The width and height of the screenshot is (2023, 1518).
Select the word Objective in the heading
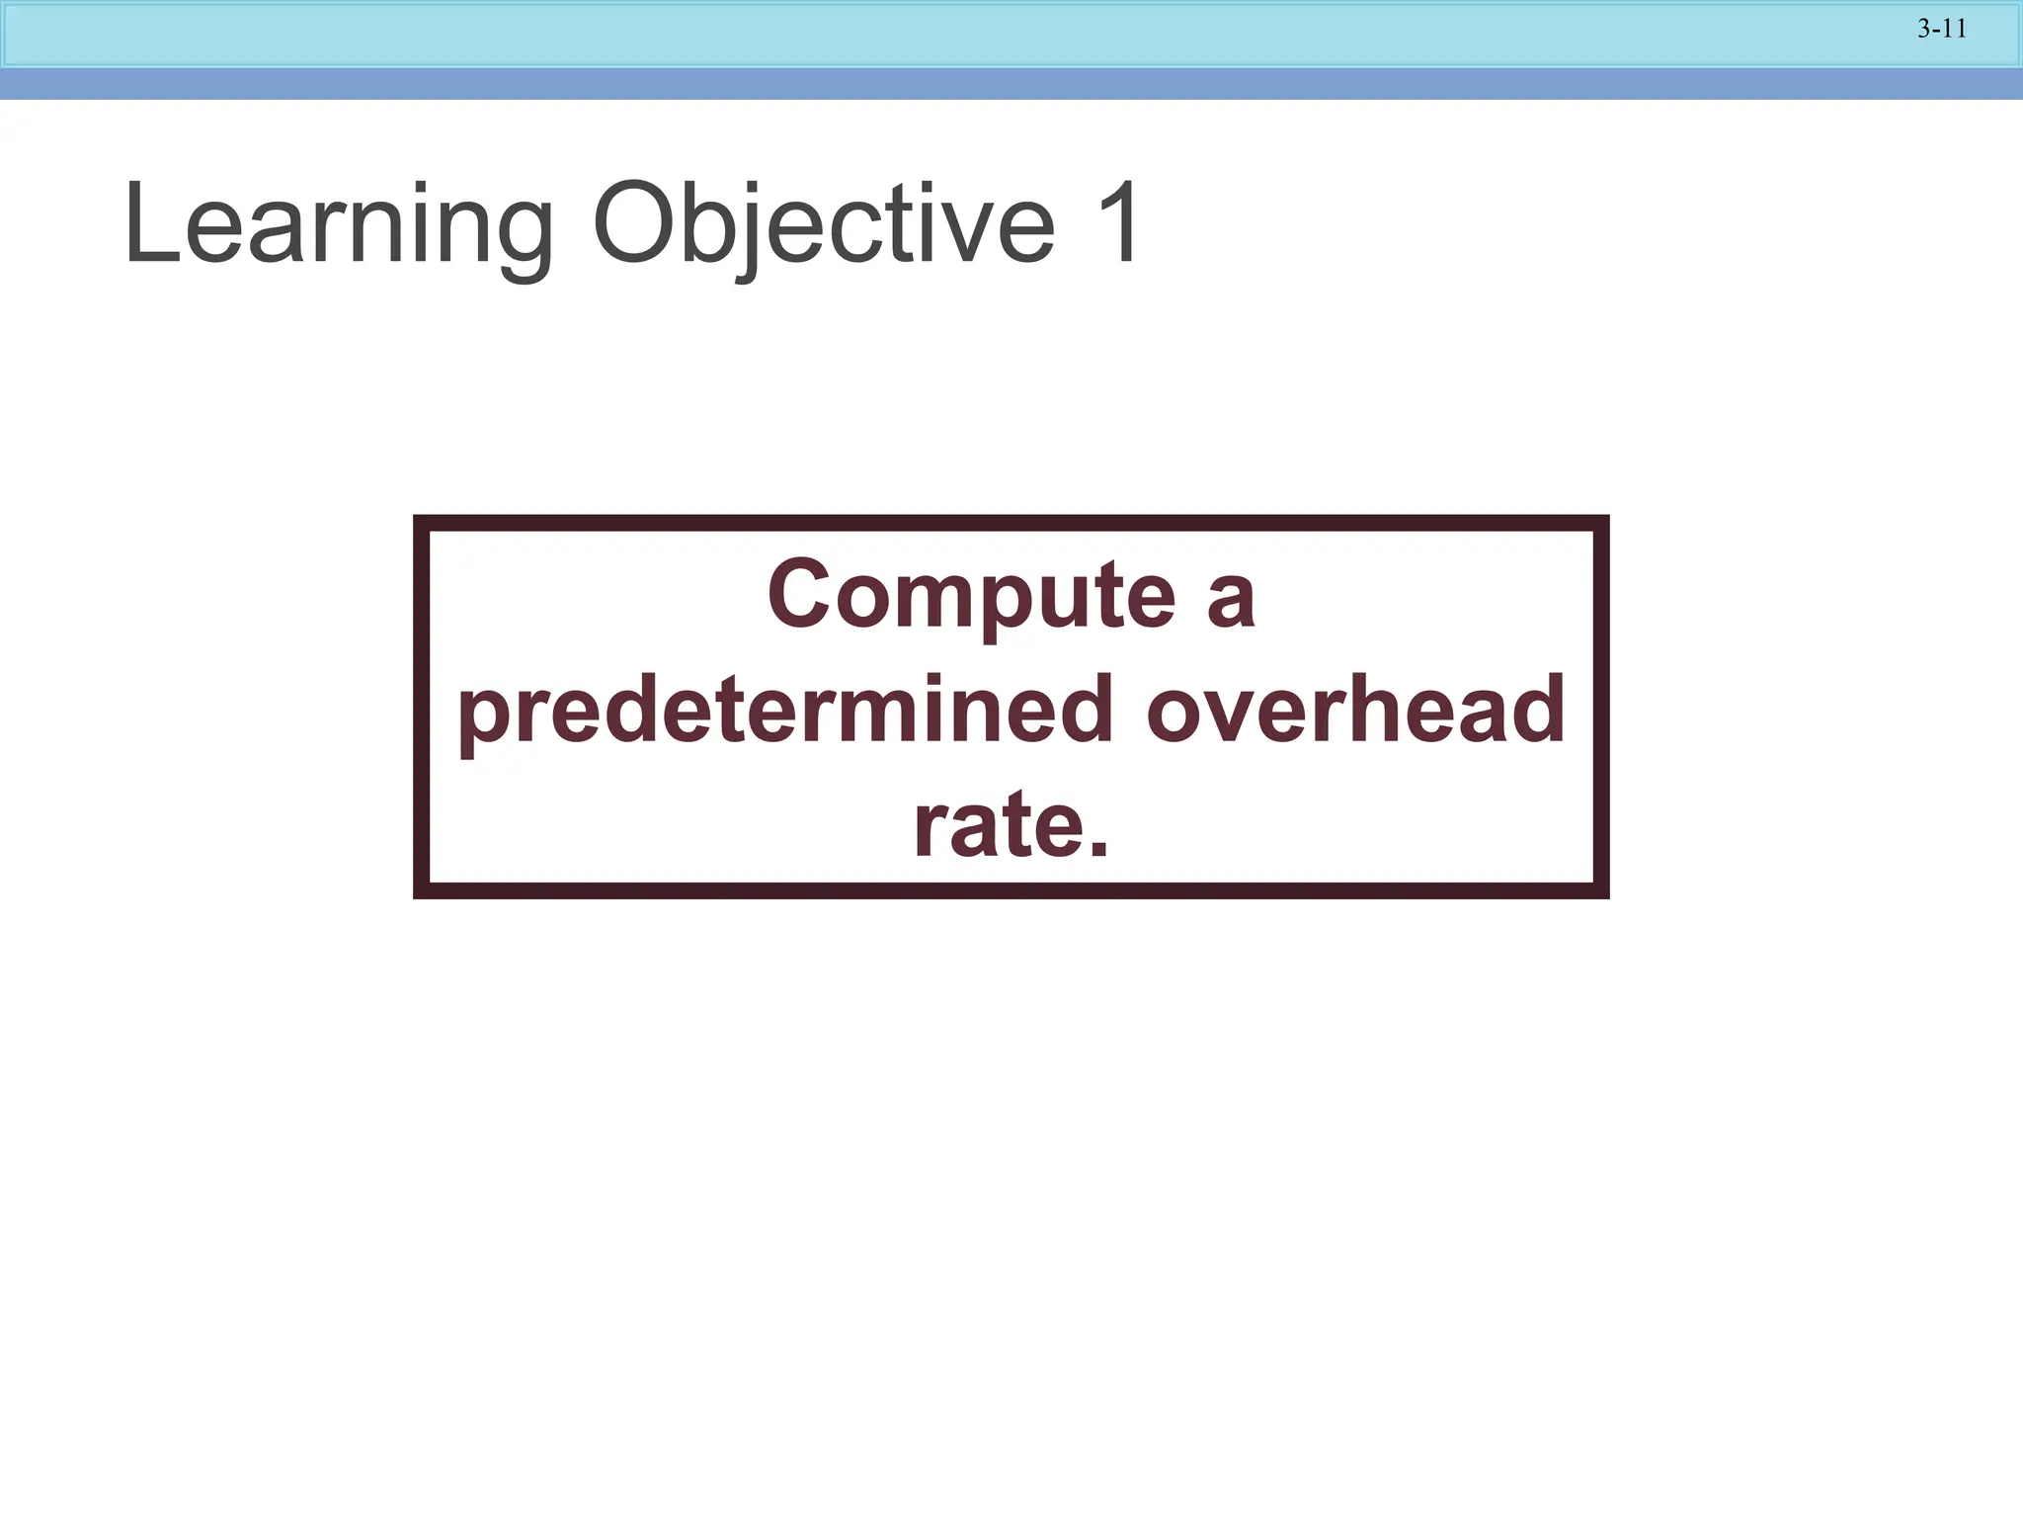point(824,226)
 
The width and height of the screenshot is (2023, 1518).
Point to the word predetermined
point(785,711)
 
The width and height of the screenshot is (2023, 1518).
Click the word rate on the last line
point(994,825)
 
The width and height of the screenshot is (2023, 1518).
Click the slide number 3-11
point(1942,30)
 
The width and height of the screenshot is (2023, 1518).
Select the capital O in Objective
point(636,224)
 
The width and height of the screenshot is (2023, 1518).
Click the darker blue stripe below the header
point(1011,84)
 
